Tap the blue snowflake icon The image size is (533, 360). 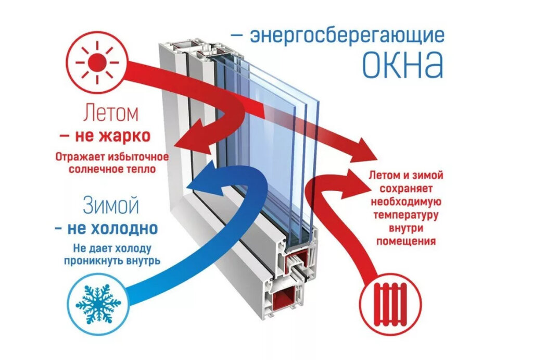[98, 302]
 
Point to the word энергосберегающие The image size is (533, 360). [347, 36]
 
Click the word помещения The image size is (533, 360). [406, 242]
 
